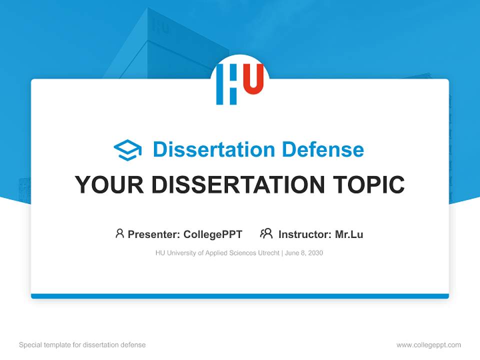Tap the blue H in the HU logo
pyautogui.click(x=226, y=84)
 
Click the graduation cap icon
pyautogui.click(x=127, y=150)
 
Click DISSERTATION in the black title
pyautogui.click(x=237, y=184)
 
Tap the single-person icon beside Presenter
pyautogui.click(x=119, y=233)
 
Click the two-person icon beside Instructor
pyautogui.click(x=266, y=233)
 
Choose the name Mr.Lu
pyautogui.click(x=349, y=234)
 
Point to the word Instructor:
pyautogui.click(x=305, y=234)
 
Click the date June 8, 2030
pyautogui.click(x=304, y=253)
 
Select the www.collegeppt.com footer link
pyautogui.click(x=428, y=345)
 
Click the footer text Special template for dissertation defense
pyautogui.click(x=82, y=345)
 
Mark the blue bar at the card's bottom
pyautogui.click(x=240, y=296)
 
